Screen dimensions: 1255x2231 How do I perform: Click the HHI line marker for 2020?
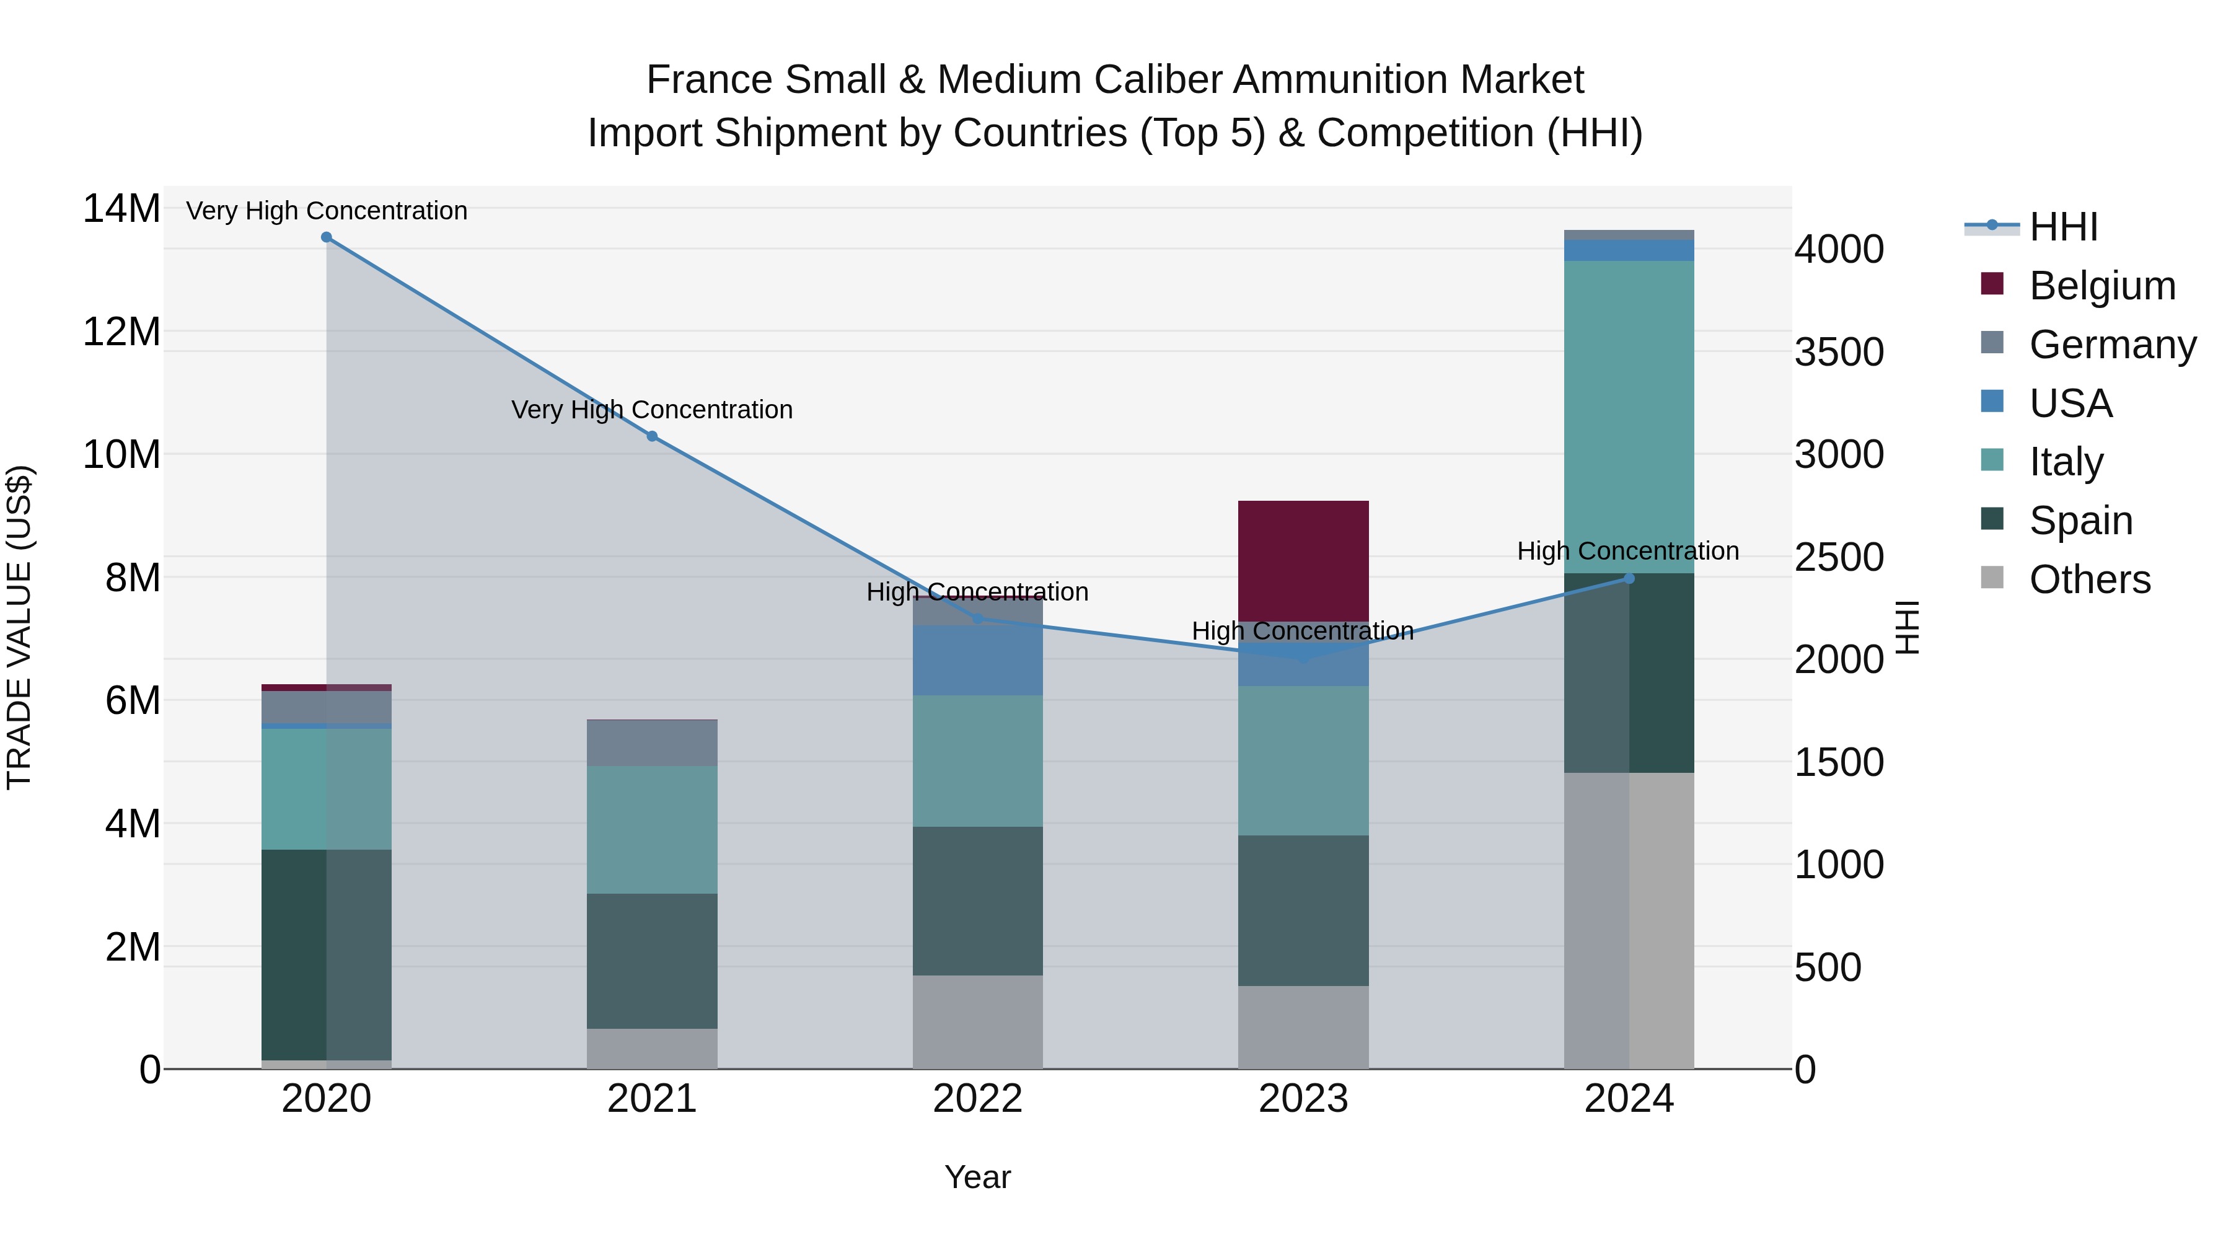pyautogui.click(x=327, y=237)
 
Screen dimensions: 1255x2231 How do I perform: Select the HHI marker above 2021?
pyautogui.click(x=652, y=436)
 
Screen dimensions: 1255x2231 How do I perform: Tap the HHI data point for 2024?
pyautogui.click(x=1629, y=579)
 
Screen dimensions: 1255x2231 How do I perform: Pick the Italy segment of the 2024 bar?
pyautogui.click(x=1629, y=416)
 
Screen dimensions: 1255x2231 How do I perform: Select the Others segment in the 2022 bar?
pyautogui.click(x=978, y=1022)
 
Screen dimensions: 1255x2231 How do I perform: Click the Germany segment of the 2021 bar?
pyautogui.click(x=652, y=743)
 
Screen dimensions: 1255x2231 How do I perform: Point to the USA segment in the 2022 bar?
pyautogui.click(x=978, y=660)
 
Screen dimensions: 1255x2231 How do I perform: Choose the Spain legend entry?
pyautogui.click(x=2080, y=521)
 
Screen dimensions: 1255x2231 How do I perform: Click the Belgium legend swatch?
pyautogui.click(x=1992, y=284)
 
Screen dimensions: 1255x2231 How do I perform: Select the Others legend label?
pyautogui.click(x=2090, y=579)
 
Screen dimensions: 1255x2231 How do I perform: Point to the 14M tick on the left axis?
pyautogui.click(x=121, y=209)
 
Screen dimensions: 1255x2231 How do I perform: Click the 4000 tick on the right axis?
pyautogui.click(x=1839, y=249)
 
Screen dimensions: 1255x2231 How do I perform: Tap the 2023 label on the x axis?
pyautogui.click(x=1303, y=1099)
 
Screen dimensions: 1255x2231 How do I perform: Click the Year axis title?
pyautogui.click(x=978, y=1177)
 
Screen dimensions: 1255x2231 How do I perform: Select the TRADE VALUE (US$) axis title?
pyautogui.click(x=19, y=627)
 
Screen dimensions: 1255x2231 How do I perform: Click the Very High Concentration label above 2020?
pyautogui.click(x=327, y=211)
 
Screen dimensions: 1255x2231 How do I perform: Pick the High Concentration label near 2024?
pyautogui.click(x=1628, y=551)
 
